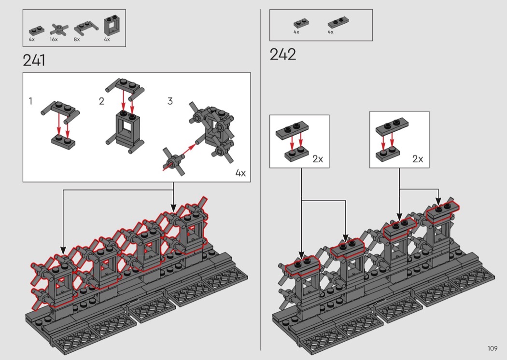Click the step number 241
point(34,60)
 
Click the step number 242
point(282,55)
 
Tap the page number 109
point(493,348)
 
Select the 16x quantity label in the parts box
point(54,40)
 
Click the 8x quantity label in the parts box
point(77,40)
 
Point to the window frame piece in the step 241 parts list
point(112,26)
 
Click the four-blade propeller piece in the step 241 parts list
point(59,30)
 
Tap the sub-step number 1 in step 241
point(30,101)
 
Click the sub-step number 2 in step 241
point(101,101)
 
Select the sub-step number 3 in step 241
point(170,101)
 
